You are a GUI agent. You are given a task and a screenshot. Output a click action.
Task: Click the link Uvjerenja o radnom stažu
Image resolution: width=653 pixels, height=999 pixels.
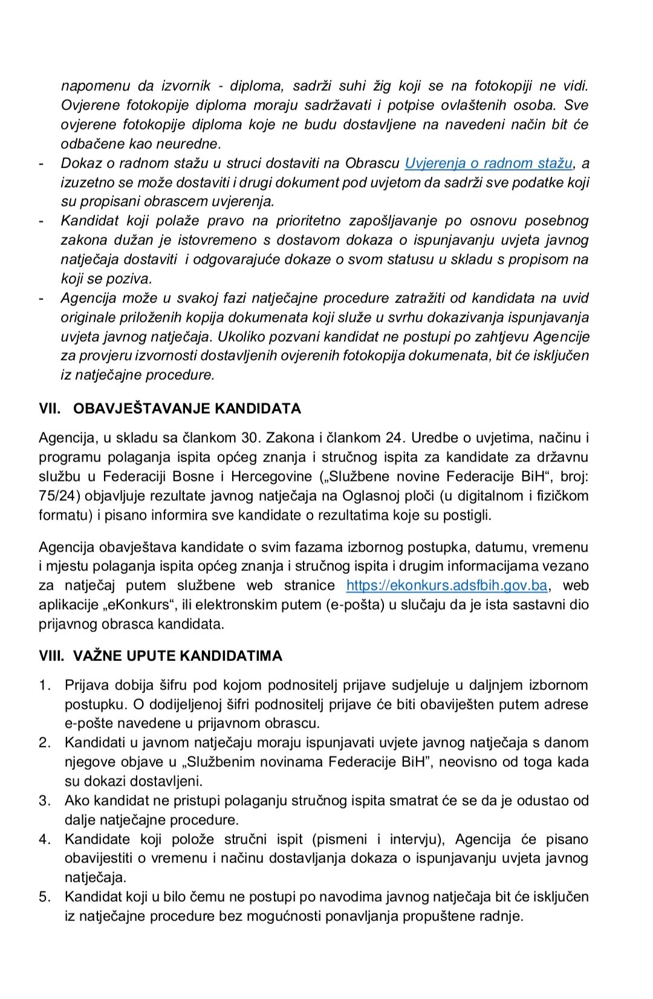click(489, 163)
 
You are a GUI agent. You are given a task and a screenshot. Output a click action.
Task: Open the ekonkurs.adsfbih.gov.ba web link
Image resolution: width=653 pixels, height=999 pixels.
click(447, 585)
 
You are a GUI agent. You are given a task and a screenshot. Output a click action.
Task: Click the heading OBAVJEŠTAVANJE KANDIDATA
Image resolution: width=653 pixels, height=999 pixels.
click(187, 409)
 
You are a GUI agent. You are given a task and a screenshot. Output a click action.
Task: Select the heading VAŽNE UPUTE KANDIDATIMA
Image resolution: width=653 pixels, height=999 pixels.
click(178, 656)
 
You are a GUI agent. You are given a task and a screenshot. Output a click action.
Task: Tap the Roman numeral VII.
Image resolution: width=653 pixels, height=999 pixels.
click(50, 409)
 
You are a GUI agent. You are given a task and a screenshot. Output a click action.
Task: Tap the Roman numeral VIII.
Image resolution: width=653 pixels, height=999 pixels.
click(51, 656)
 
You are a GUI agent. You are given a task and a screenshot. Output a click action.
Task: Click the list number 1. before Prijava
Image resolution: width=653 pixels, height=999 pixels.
click(45, 685)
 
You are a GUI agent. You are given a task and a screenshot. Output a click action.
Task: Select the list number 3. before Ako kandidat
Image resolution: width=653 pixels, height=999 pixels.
click(45, 801)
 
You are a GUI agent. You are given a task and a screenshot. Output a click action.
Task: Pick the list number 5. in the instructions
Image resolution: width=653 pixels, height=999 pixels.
click(45, 897)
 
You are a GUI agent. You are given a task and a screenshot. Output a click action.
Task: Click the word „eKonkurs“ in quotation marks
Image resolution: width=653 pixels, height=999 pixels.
click(138, 605)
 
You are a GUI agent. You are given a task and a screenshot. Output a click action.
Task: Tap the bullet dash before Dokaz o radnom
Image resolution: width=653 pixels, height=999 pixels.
click(41, 163)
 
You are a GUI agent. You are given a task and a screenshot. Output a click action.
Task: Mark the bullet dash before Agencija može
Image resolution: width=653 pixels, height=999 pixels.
click(41, 298)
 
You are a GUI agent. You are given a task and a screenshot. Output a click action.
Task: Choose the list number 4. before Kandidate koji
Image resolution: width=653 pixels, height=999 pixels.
click(45, 839)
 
